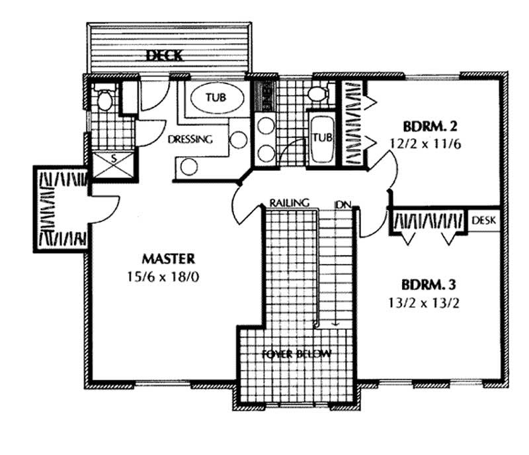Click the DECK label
pos(165,55)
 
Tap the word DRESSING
pos(190,140)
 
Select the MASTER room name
pos(169,257)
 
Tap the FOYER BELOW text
pos(298,354)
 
